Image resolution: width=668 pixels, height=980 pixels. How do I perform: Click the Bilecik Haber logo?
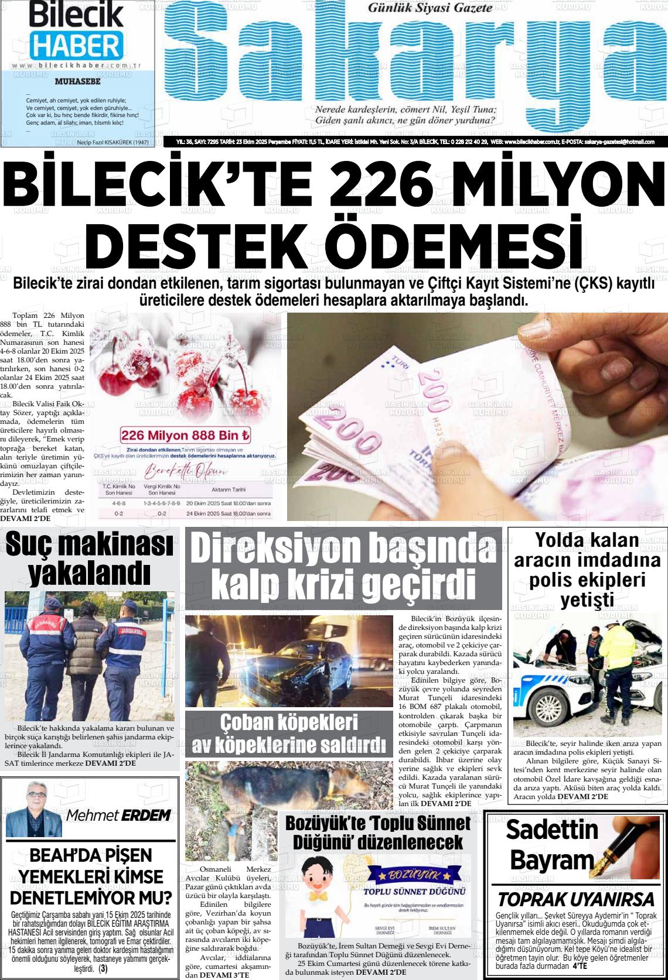click(76, 29)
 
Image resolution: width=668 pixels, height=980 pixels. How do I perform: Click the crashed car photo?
click(289, 661)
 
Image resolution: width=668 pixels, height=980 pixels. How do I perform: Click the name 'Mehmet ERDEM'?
click(118, 815)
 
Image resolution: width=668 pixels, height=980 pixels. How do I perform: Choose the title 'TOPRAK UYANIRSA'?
click(575, 899)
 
